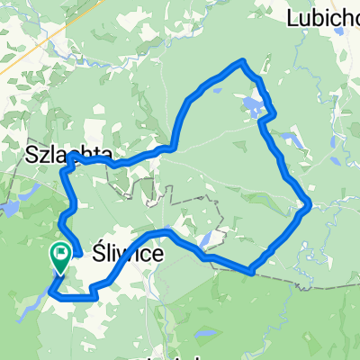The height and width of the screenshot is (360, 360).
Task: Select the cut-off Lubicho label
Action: coord(323,17)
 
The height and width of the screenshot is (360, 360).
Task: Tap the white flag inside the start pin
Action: coord(62,255)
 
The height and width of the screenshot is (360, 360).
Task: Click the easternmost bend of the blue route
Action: coord(310,205)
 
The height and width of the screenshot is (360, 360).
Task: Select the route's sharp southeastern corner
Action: coord(253,269)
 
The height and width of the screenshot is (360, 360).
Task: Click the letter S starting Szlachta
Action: coord(32,155)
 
